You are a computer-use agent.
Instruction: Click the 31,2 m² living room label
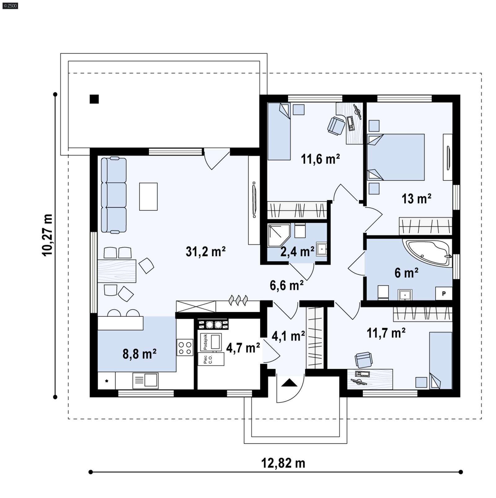point(206,252)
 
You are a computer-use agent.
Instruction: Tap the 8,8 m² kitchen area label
point(139,354)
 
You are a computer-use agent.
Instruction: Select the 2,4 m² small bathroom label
point(297,252)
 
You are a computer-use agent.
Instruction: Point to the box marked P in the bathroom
point(444,293)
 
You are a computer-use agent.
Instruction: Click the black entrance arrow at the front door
point(289,383)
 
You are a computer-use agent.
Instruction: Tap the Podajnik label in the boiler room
point(205,342)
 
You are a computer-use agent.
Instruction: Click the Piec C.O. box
point(211,359)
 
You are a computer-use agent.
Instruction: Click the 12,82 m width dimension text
point(283,463)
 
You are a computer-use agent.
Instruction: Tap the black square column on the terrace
point(94,99)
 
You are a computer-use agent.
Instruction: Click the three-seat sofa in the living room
point(114,195)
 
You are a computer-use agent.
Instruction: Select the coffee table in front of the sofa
point(148,196)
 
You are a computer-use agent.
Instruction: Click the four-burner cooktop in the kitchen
point(185,347)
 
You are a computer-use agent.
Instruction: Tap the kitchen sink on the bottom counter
point(146,380)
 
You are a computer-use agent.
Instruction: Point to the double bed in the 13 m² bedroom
point(396,157)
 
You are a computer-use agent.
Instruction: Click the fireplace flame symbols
point(238,300)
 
